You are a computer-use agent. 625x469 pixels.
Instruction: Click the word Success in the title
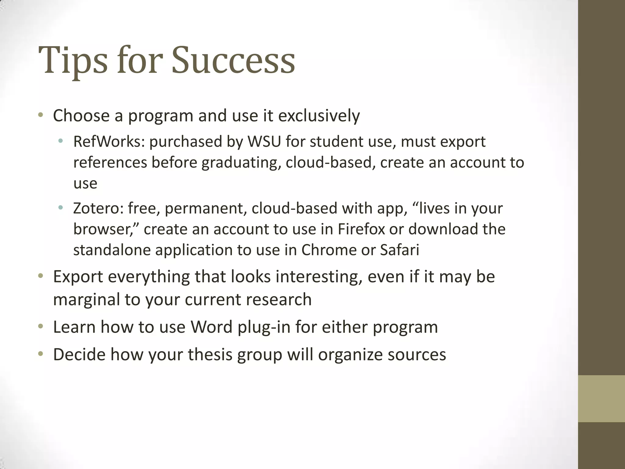click(233, 60)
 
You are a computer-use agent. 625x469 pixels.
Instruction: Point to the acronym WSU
click(264, 142)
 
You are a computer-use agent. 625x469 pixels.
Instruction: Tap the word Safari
click(399, 250)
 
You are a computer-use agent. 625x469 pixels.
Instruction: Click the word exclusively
click(319, 116)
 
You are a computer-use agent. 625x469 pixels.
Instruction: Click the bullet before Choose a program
click(41, 116)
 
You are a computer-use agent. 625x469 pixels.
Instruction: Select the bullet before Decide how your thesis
click(41, 354)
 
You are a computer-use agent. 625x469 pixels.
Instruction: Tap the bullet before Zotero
click(60, 208)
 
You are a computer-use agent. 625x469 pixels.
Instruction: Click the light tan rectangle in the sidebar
click(602, 398)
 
